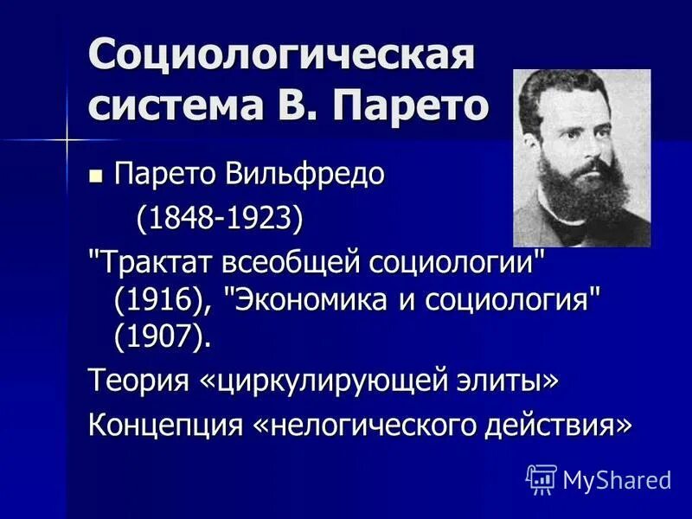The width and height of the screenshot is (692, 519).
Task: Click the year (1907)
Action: (x=162, y=336)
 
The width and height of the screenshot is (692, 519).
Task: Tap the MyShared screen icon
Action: (x=541, y=478)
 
